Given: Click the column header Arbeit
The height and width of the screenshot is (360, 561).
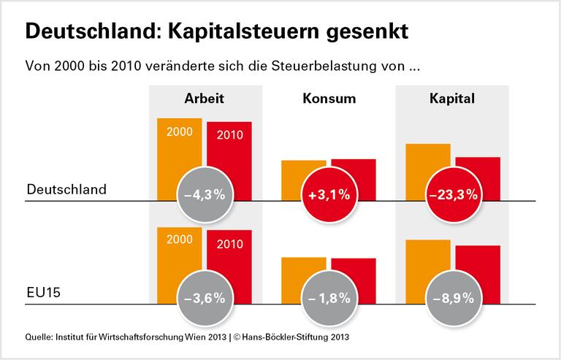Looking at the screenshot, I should (x=204, y=98).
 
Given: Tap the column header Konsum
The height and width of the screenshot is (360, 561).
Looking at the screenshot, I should (x=329, y=98).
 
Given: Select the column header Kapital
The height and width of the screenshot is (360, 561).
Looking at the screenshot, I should (x=453, y=98).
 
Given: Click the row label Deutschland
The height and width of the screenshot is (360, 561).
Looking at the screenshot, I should (x=66, y=189).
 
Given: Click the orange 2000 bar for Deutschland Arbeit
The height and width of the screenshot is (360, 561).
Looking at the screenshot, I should (x=179, y=146).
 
